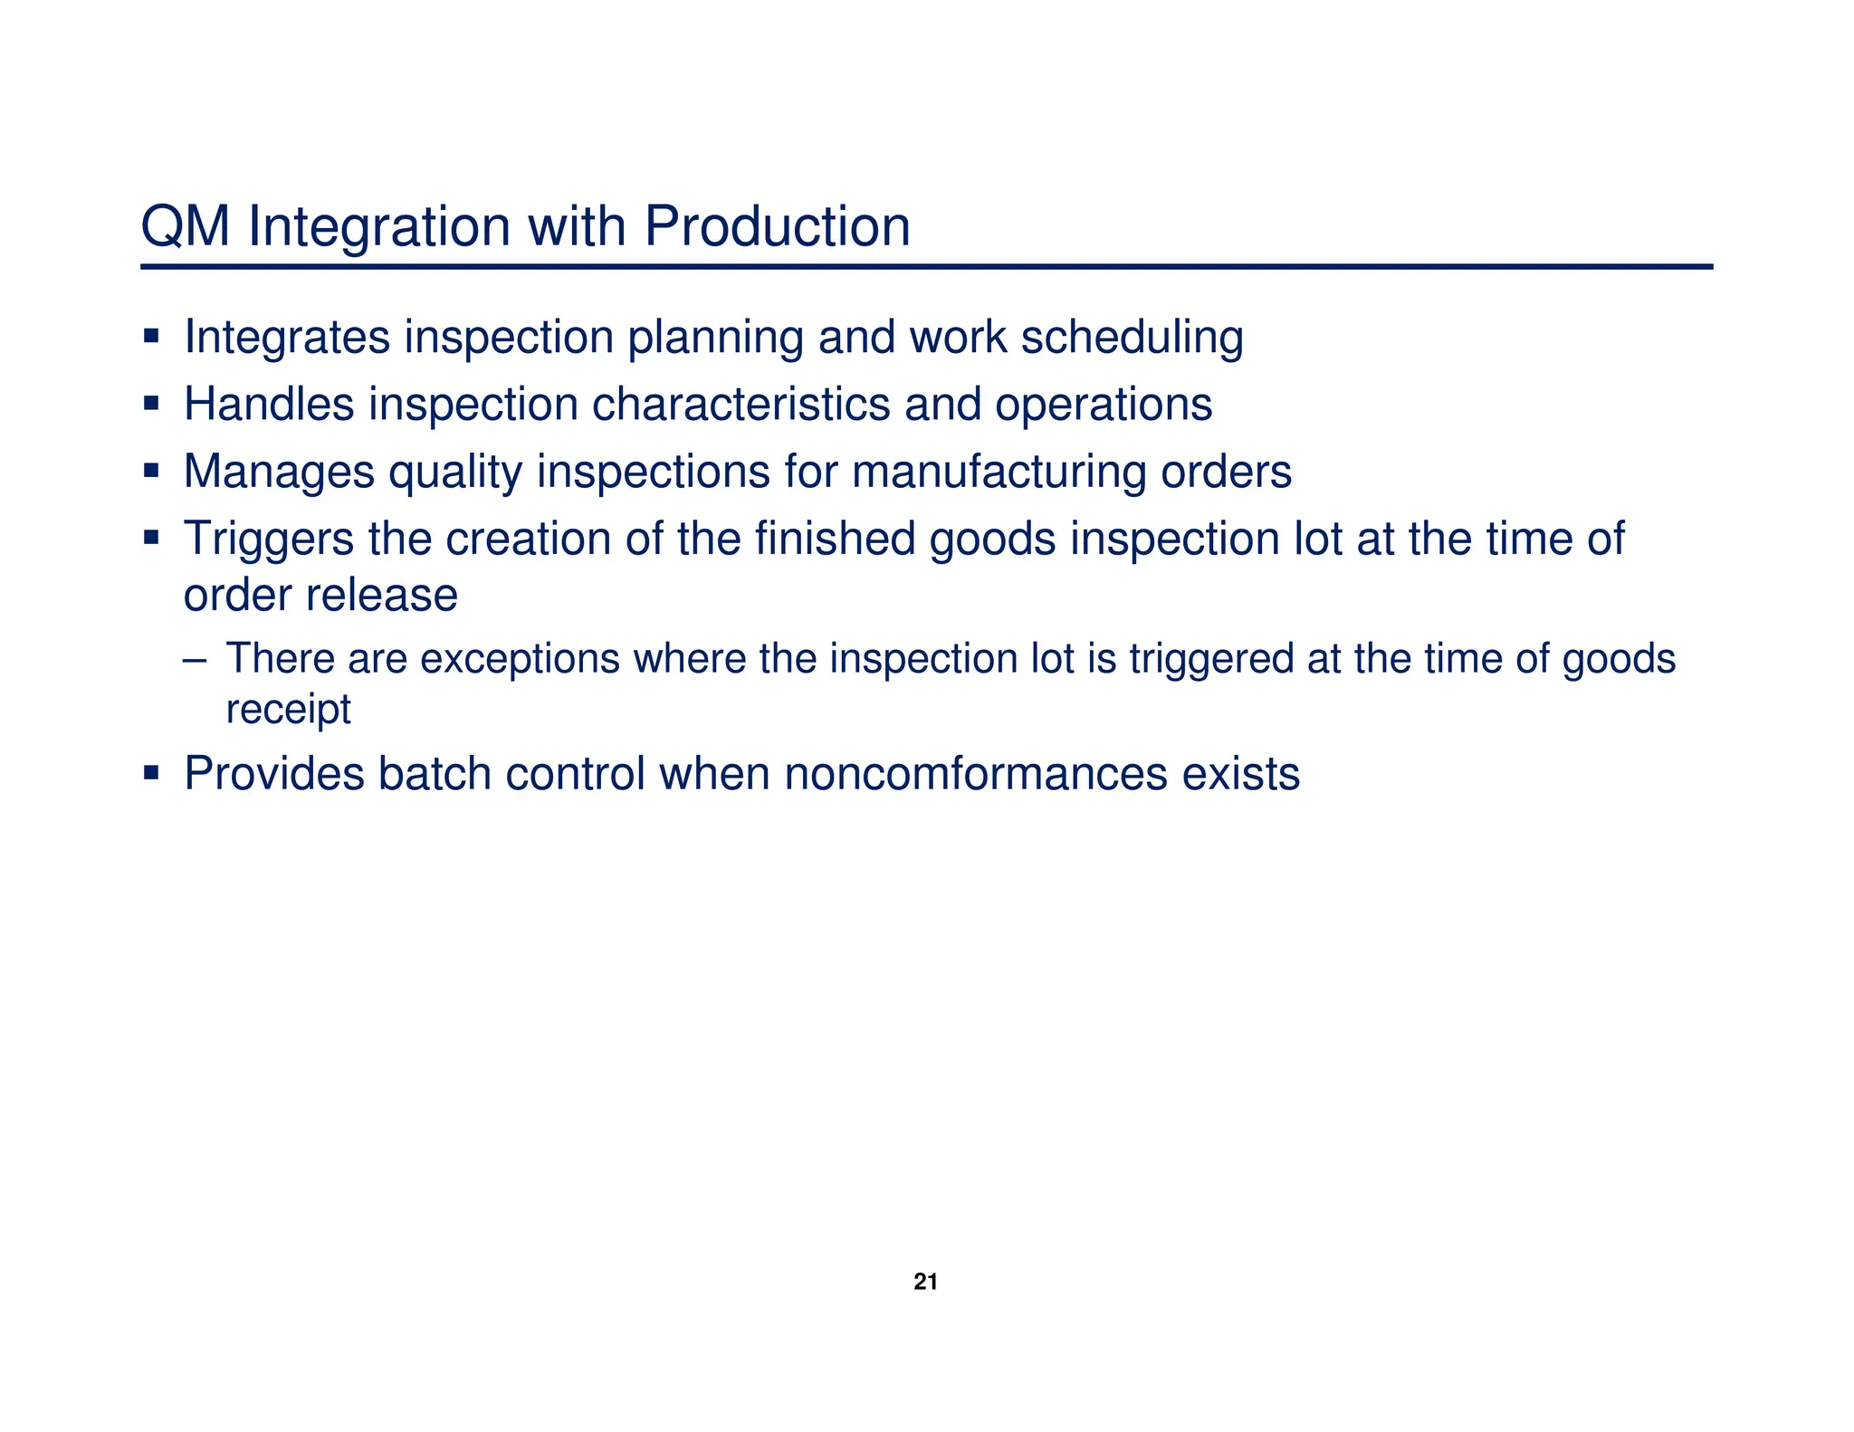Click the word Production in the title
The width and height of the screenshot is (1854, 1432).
[777, 226]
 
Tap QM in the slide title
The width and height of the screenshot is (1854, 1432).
[186, 226]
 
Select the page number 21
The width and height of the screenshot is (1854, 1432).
[925, 1282]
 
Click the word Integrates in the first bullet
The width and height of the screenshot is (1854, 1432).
[287, 338]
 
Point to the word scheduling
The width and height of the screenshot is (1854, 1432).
[1132, 338]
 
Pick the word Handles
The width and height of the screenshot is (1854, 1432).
[269, 404]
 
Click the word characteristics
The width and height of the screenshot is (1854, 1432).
[741, 404]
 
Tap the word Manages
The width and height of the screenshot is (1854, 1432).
[279, 472]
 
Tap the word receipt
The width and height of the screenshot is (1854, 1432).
[288, 709]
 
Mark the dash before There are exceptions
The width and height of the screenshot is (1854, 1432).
[193, 659]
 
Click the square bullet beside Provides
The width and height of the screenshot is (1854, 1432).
[151, 773]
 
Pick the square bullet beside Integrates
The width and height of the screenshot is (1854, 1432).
[151, 337]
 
